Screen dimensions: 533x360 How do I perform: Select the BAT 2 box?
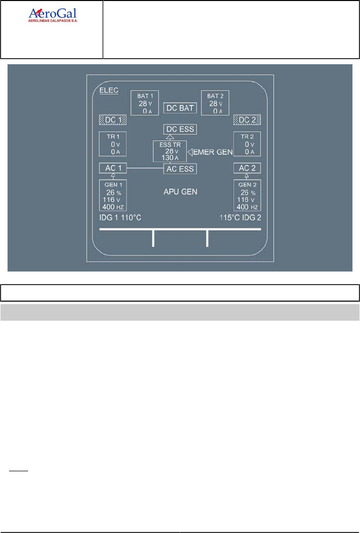pyautogui.click(x=214, y=103)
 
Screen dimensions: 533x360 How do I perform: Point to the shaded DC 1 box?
pyautogui.click(x=112, y=120)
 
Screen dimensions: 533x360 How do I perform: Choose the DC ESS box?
pyautogui.click(x=179, y=129)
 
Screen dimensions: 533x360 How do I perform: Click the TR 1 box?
pyautogui.click(x=113, y=144)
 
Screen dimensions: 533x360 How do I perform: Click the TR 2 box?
pyautogui.click(x=247, y=144)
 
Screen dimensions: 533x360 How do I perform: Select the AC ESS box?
pyautogui.click(x=180, y=169)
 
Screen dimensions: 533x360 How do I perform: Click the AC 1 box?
pyautogui.click(x=112, y=168)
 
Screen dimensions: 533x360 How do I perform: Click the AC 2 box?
pyautogui.click(x=247, y=168)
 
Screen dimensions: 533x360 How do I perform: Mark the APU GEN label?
pyautogui.click(x=180, y=192)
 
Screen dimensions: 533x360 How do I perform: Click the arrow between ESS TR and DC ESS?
pyautogui.click(x=170, y=137)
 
